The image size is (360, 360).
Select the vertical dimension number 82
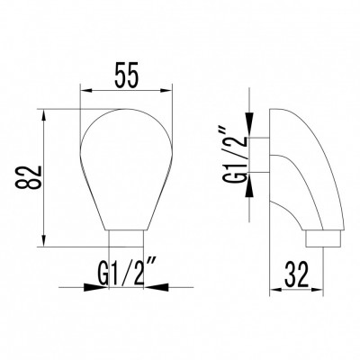[23, 177]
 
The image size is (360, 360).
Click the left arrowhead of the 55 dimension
[85, 90]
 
